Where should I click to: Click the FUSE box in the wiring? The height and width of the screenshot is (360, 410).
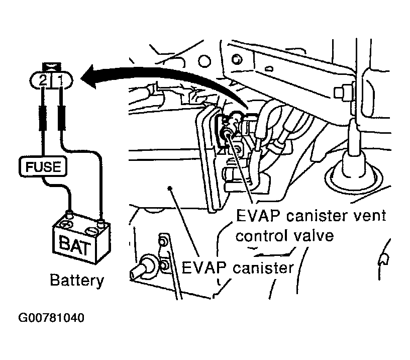[43, 166]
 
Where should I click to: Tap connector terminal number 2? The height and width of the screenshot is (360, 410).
[43, 80]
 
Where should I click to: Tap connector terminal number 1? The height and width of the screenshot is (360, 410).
[60, 80]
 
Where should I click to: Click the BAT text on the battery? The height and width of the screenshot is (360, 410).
[75, 245]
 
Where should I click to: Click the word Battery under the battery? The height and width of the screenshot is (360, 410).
[77, 281]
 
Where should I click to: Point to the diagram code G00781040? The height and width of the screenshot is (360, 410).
[51, 318]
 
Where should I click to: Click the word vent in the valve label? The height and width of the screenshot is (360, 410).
[369, 216]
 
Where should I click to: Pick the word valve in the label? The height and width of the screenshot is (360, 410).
[313, 235]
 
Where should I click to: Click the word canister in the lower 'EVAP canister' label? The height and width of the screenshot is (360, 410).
[263, 267]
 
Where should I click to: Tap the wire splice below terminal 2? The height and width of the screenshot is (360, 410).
[43, 118]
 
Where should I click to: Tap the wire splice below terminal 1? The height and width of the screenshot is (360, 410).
[61, 118]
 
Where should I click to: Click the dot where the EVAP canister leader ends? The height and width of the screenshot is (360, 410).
[170, 188]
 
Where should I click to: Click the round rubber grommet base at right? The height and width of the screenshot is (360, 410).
[353, 178]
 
